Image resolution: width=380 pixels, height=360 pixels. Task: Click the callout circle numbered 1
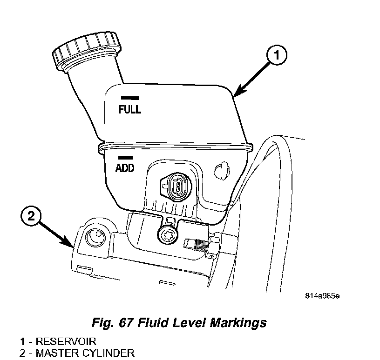(276, 56)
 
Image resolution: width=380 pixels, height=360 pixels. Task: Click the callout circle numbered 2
(31, 216)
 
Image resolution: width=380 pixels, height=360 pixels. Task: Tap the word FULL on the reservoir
(130, 110)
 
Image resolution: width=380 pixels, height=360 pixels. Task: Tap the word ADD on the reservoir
(124, 168)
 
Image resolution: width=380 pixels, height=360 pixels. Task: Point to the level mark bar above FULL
(130, 98)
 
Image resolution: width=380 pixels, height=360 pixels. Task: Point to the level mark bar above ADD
(124, 157)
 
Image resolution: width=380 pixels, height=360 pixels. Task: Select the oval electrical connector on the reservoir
(177, 187)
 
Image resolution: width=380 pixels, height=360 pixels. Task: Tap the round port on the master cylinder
(95, 237)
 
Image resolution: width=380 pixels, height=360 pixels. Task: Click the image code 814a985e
(322, 296)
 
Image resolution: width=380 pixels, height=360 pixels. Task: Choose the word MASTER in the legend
(55, 353)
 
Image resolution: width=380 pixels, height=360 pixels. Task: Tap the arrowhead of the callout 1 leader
(235, 95)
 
